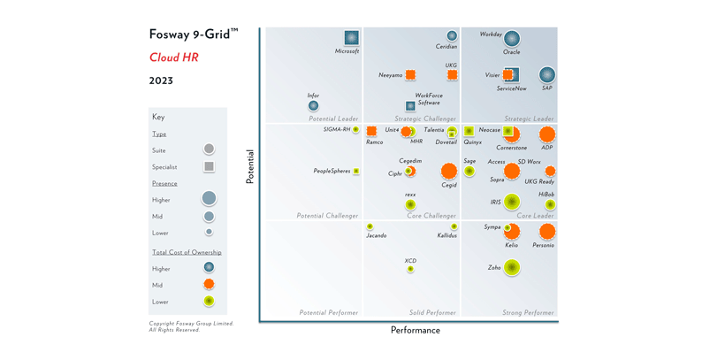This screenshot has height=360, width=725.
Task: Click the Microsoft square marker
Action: (351, 38)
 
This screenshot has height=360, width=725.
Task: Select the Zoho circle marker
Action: (512, 267)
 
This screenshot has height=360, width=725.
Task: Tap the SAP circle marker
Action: (547, 75)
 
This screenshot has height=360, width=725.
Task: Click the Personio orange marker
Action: (547, 232)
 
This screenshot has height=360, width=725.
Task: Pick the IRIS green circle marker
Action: (512, 202)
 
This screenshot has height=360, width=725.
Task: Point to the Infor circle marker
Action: (313, 106)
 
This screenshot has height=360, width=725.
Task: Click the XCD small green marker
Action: (410, 269)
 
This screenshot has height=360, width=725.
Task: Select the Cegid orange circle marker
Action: (449, 171)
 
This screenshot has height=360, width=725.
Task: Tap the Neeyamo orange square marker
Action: (410, 75)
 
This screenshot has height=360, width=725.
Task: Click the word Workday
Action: (491, 34)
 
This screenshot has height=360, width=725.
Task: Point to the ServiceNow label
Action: (511, 88)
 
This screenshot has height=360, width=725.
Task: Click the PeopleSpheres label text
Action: (332, 172)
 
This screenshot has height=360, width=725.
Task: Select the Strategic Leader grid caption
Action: (529, 119)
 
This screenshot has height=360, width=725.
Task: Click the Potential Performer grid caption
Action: (328, 312)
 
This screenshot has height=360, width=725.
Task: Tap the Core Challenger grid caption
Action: (431, 216)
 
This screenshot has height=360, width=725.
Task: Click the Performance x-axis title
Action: (415, 331)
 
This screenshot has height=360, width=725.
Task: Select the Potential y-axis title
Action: (250, 166)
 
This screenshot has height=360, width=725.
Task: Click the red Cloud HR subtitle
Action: (173, 57)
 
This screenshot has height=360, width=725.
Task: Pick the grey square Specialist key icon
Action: (209, 166)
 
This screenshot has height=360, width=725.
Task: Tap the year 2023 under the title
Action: (161, 80)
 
